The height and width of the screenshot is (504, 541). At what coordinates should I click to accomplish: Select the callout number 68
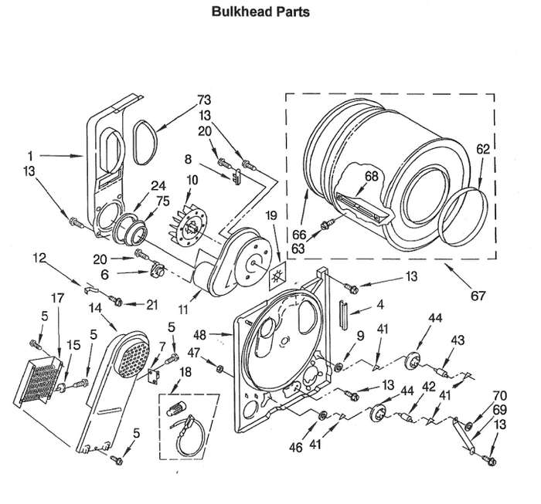(372, 177)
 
